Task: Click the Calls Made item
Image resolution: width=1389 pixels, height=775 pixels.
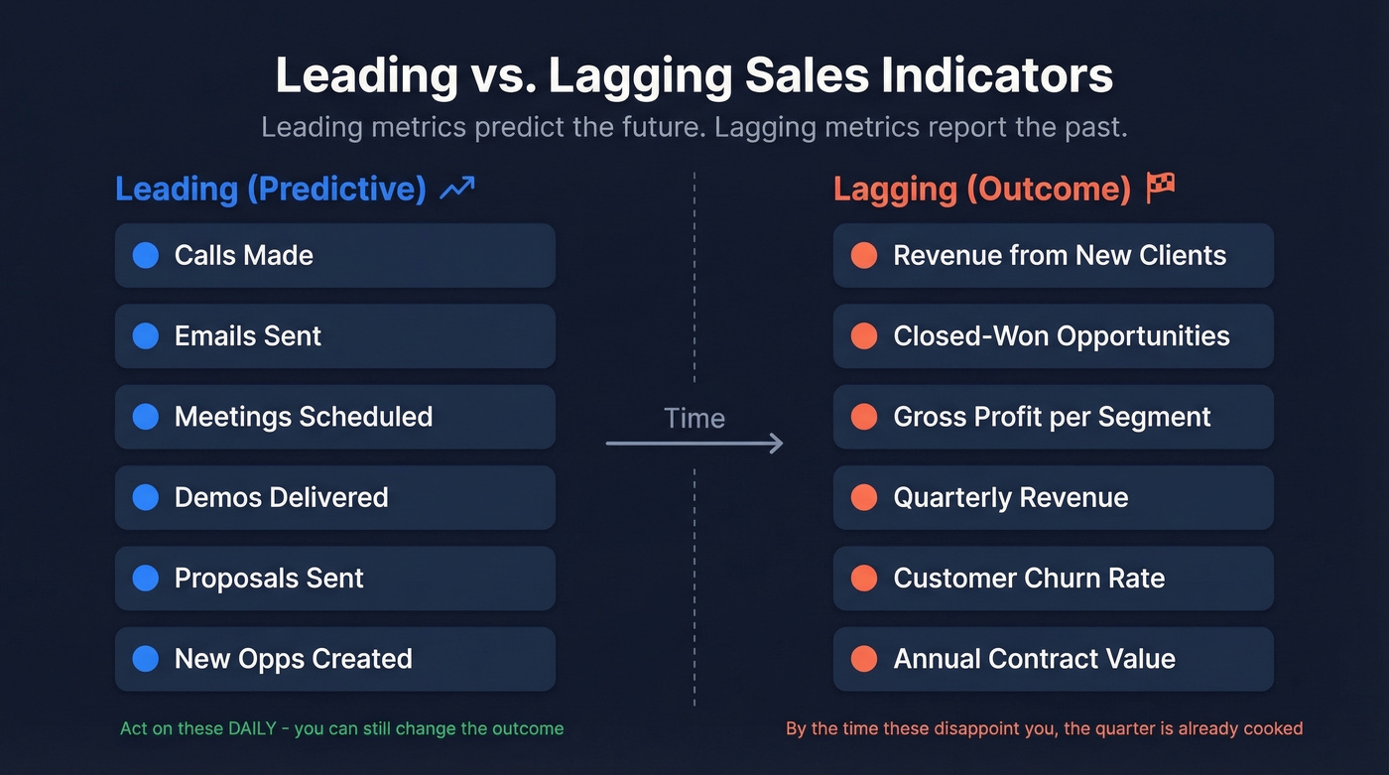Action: click(x=334, y=255)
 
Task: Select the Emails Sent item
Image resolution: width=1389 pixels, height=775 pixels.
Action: click(x=334, y=336)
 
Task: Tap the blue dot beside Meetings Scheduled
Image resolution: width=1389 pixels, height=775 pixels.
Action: click(x=146, y=417)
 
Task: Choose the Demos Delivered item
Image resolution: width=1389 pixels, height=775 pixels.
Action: click(x=334, y=497)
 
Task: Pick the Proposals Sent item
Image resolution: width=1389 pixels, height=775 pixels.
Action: click(x=334, y=579)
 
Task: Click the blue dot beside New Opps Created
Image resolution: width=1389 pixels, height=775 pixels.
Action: click(x=146, y=659)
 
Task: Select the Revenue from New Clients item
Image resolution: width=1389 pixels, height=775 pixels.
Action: click(x=1053, y=255)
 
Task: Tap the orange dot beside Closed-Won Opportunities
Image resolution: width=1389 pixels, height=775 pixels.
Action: click(x=864, y=336)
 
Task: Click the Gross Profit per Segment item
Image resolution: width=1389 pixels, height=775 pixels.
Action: click(x=1053, y=417)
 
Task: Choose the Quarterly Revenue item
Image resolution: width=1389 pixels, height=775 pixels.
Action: click(x=1053, y=497)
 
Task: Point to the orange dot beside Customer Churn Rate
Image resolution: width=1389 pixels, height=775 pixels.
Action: click(x=864, y=579)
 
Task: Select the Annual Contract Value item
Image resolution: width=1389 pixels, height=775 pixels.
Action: click(x=1053, y=659)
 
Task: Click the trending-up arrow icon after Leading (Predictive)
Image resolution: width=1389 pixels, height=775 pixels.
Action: click(x=457, y=189)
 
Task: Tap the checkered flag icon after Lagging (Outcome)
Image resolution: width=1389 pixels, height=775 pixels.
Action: click(x=1160, y=187)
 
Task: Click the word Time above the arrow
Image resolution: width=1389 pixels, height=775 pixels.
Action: click(x=694, y=418)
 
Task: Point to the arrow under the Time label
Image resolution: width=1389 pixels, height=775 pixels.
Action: click(x=694, y=444)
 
